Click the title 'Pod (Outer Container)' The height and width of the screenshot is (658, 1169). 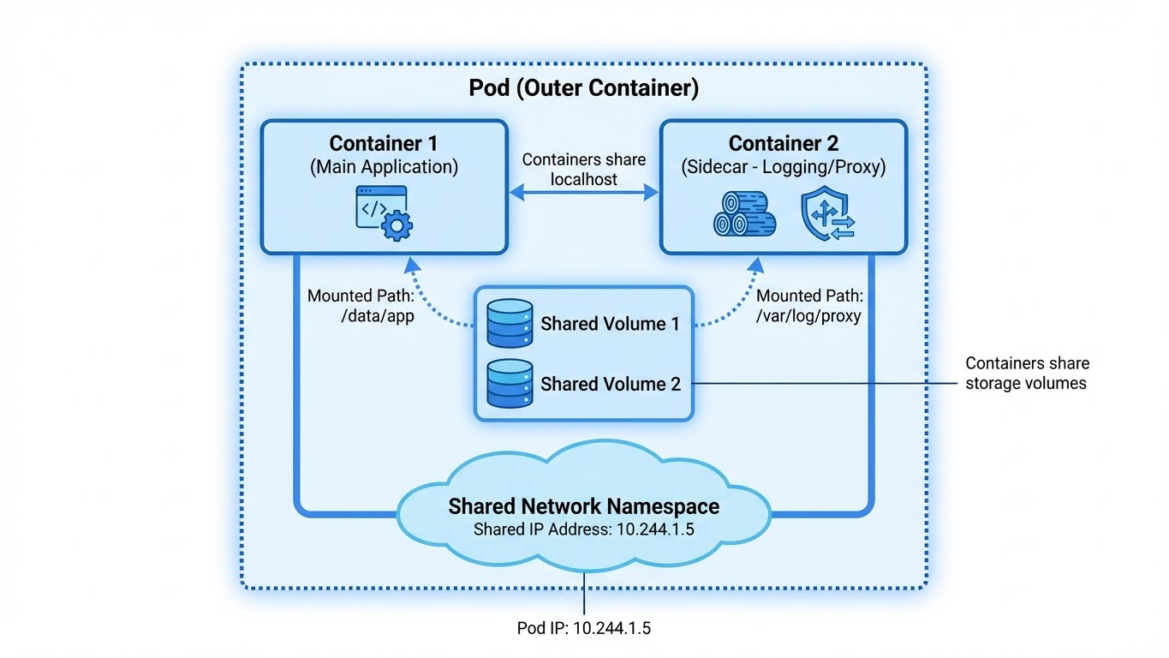(x=584, y=88)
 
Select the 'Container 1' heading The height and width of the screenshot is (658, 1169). (x=383, y=143)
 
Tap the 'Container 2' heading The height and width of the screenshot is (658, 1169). (x=783, y=143)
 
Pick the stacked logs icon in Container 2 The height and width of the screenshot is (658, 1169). (x=744, y=213)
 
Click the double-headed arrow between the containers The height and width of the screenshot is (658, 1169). (x=583, y=194)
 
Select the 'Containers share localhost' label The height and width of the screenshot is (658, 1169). (x=584, y=170)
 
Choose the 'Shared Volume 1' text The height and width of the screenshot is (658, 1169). (x=610, y=325)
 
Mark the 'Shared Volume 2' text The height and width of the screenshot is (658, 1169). (x=610, y=385)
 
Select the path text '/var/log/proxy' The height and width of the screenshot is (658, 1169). (x=808, y=315)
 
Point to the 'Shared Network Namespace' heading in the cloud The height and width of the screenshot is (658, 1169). (x=583, y=506)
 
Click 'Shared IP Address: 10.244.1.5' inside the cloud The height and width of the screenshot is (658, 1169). (x=583, y=529)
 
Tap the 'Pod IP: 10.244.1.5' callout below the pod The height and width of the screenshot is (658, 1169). (x=584, y=628)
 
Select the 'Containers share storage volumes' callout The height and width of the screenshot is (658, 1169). (x=1027, y=374)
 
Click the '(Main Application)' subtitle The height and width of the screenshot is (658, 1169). (x=383, y=167)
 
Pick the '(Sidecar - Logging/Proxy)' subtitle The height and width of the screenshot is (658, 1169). (x=783, y=167)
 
